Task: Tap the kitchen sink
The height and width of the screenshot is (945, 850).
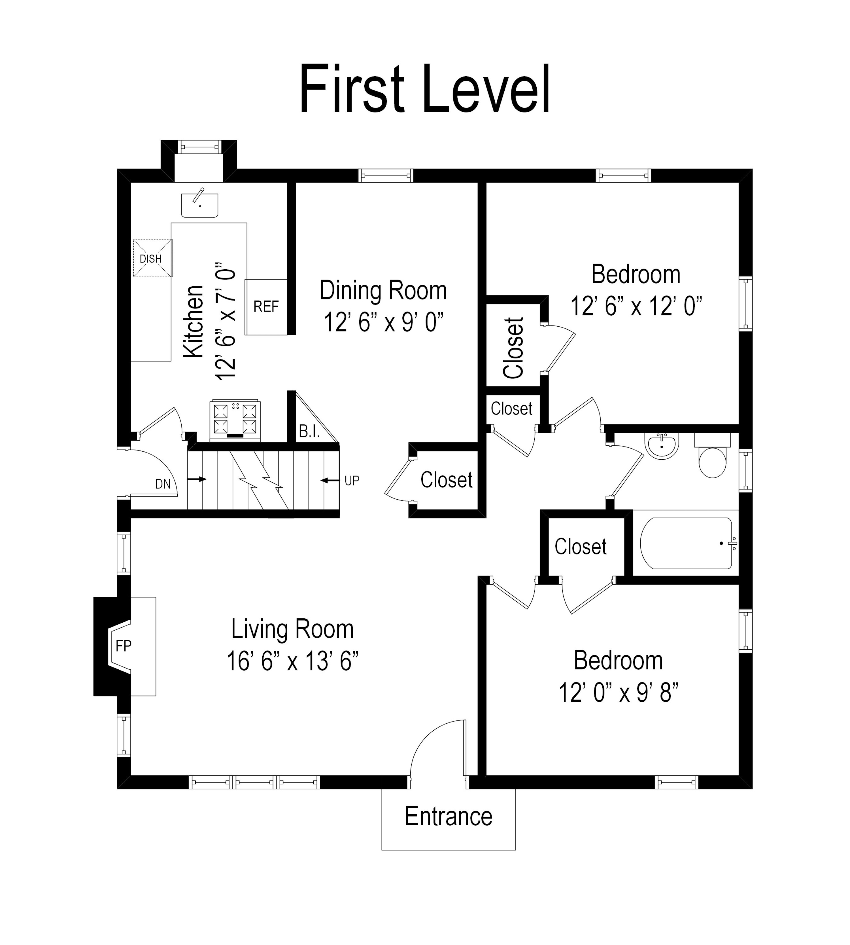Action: [199, 205]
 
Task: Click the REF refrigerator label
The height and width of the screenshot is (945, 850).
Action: [266, 306]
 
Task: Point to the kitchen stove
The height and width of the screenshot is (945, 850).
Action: [235, 420]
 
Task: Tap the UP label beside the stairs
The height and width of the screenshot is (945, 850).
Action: [352, 481]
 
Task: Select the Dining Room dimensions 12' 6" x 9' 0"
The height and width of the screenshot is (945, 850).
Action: [383, 322]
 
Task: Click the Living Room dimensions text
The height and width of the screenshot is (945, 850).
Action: [292, 661]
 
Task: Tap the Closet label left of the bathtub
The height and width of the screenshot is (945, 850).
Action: [581, 546]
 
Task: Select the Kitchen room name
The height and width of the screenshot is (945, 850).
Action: [193, 322]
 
